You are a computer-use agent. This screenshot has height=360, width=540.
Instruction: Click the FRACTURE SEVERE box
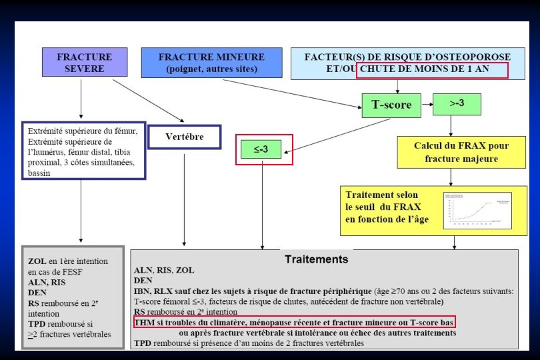click(84, 63)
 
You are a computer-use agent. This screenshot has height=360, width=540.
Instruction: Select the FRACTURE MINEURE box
click(211, 63)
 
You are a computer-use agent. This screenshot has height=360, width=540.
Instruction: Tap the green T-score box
click(391, 104)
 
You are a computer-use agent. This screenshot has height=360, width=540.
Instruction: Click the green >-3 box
click(457, 103)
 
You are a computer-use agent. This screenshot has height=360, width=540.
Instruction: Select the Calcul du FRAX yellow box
click(461, 153)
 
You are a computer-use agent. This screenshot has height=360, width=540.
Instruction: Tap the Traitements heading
click(316, 259)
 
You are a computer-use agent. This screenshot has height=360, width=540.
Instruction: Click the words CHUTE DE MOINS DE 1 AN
click(432, 69)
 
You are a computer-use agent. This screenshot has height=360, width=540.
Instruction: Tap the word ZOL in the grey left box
click(37, 261)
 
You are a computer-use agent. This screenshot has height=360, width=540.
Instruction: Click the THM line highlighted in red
click(294, 322)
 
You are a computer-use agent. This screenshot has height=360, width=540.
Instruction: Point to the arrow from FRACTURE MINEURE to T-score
click(293, 93)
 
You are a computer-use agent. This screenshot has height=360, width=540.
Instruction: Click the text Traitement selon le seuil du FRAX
click(387, 207)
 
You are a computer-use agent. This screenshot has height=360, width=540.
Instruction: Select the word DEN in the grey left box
click(37, 291)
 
